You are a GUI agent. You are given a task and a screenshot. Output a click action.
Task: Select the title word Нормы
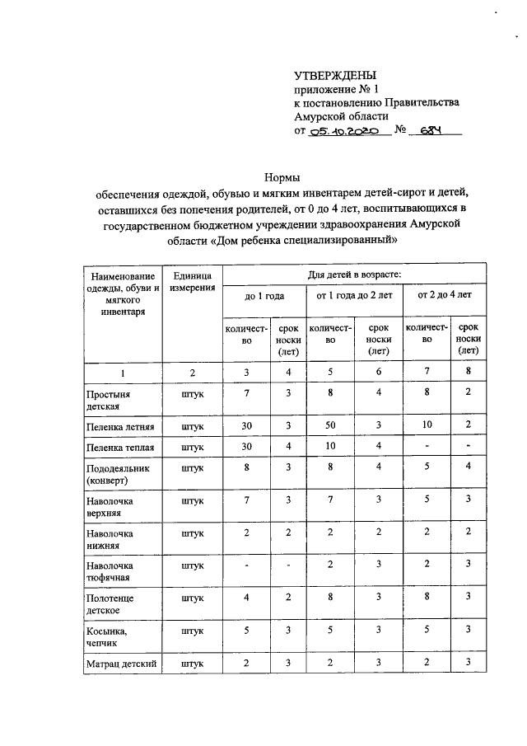click(282, 176)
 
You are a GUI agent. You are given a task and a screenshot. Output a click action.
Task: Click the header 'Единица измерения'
click(193, 281)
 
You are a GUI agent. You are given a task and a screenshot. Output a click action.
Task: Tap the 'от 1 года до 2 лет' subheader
click(353, 294)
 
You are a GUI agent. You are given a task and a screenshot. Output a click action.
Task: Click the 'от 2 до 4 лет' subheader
click(445, 294)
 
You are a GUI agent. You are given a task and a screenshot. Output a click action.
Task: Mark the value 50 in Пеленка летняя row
click(330, 426)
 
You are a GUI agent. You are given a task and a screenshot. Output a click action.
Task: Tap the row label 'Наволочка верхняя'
click(110, 506)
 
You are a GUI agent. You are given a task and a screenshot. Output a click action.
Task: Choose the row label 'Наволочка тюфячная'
click(110, 571)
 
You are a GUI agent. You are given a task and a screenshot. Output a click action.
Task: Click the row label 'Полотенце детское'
click(110, 603)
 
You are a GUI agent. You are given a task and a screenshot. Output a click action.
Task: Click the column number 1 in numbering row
click(124, 373)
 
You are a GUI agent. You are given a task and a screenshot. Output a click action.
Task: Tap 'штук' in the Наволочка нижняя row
click(193, 533)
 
